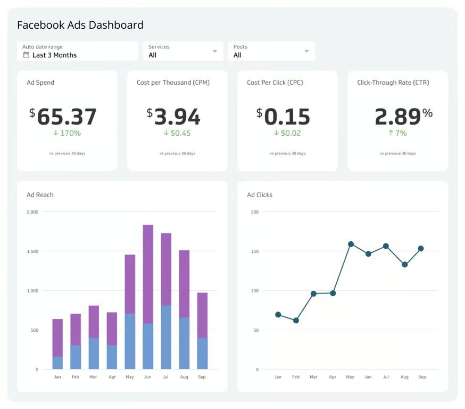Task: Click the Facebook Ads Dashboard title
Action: point(80,25)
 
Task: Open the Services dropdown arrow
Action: point(215,52)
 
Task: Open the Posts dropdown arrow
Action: point(307,52)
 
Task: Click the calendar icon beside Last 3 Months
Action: point(26,55)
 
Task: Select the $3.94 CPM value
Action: point(173,117)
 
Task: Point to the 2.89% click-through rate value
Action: point(403,116)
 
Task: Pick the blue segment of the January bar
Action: point(57,363)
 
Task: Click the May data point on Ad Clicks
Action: point(351,244)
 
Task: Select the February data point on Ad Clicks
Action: point(296,321)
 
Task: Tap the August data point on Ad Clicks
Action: point(405,265)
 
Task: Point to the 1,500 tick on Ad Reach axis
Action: point(32,251)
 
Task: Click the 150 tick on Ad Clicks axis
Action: point(254,251)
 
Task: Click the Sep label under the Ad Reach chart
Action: point(202,377)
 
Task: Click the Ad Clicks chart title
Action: point(260,195)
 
